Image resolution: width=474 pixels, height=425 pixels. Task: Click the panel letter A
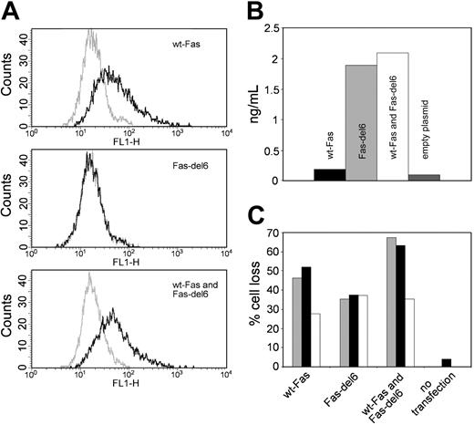[10, 10]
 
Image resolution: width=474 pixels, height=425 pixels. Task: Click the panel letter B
[254, 10]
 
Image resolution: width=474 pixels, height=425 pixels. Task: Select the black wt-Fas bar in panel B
[330, 175]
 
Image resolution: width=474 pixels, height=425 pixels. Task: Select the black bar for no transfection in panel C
[446, 362]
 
